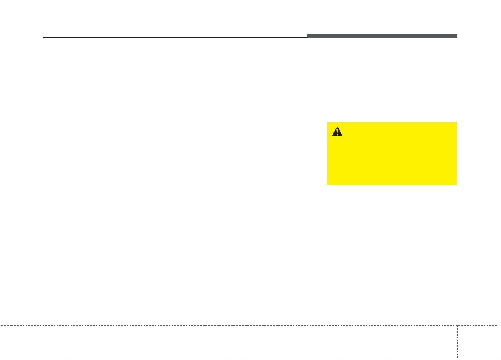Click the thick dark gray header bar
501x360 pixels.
pos(382,36)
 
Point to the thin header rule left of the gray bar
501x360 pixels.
pos(175,38)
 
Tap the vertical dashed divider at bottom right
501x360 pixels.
pos(457,341)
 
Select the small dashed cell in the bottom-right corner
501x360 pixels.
pos(479,342)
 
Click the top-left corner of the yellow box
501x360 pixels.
pos(327,122)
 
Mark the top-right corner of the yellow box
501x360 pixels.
pos(457,122)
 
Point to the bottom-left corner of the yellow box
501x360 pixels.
pos(327,185)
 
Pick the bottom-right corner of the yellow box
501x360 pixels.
pos(457,185)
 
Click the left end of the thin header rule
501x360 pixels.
pos(43,38)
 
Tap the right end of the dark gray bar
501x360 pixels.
pos(457,36)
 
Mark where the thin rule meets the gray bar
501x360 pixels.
pos(308,37)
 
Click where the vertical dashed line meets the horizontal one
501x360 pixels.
pos(457,325)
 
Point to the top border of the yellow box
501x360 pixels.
pos(392,122)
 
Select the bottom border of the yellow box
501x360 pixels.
pos(392,185)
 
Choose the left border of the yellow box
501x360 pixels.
pos(327,153)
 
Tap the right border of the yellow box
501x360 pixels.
pos(457,153)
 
